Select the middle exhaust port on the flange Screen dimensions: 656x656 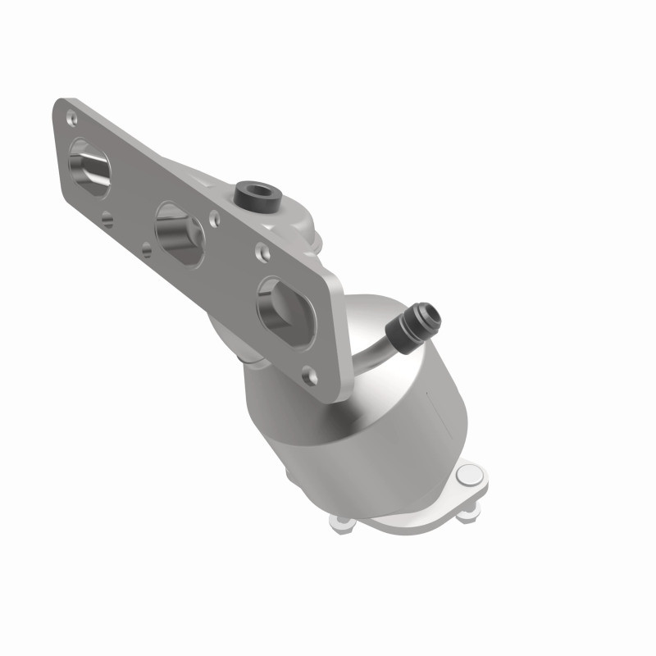[x=180, y=235]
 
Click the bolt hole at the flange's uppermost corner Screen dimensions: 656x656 [x=70, y=116]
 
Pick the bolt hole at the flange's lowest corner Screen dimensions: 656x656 [x=310, y=376]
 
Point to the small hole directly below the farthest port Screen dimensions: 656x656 [x=107, y=219]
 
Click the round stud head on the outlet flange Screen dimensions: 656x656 [x=469, y=475]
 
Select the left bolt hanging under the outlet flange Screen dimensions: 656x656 [x=339, y=518]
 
